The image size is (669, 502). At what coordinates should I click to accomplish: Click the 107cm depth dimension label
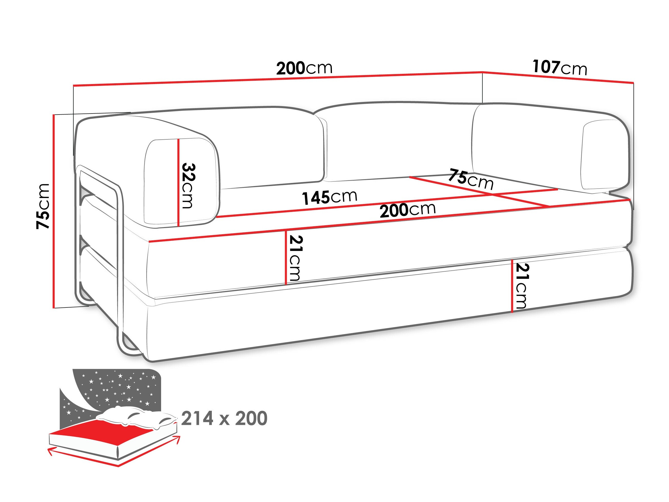pyautogui.click(x=560, y=67)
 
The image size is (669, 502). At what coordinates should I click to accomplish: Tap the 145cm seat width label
pyautogui.click(x=330, y=197)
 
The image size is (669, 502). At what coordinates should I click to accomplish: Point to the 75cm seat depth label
pyautogui.click(x=471, y=179)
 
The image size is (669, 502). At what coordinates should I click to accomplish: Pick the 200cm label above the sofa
pyautogui.click(x=304, y=68)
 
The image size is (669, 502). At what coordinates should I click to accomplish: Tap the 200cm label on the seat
pyautogui.click(x=408, y=210)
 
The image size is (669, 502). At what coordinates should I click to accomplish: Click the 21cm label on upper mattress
pyautogui.click(x=296, y=258)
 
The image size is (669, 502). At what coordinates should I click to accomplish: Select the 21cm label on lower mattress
pyautogui.click(x=522, y=286)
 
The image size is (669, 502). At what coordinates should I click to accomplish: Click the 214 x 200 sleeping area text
pyautogui.click(x=224, y=418)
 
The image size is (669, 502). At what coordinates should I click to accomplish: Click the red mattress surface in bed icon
pyautogui.click(x=109, y=433)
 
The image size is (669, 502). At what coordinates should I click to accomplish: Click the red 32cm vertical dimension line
pyautogui.click(x=179, y=182)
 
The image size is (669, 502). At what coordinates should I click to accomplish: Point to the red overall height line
pyautogui.click(x=54, y=211)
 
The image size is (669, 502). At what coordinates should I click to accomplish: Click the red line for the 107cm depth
pyautogui.click(x=558, y=77)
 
